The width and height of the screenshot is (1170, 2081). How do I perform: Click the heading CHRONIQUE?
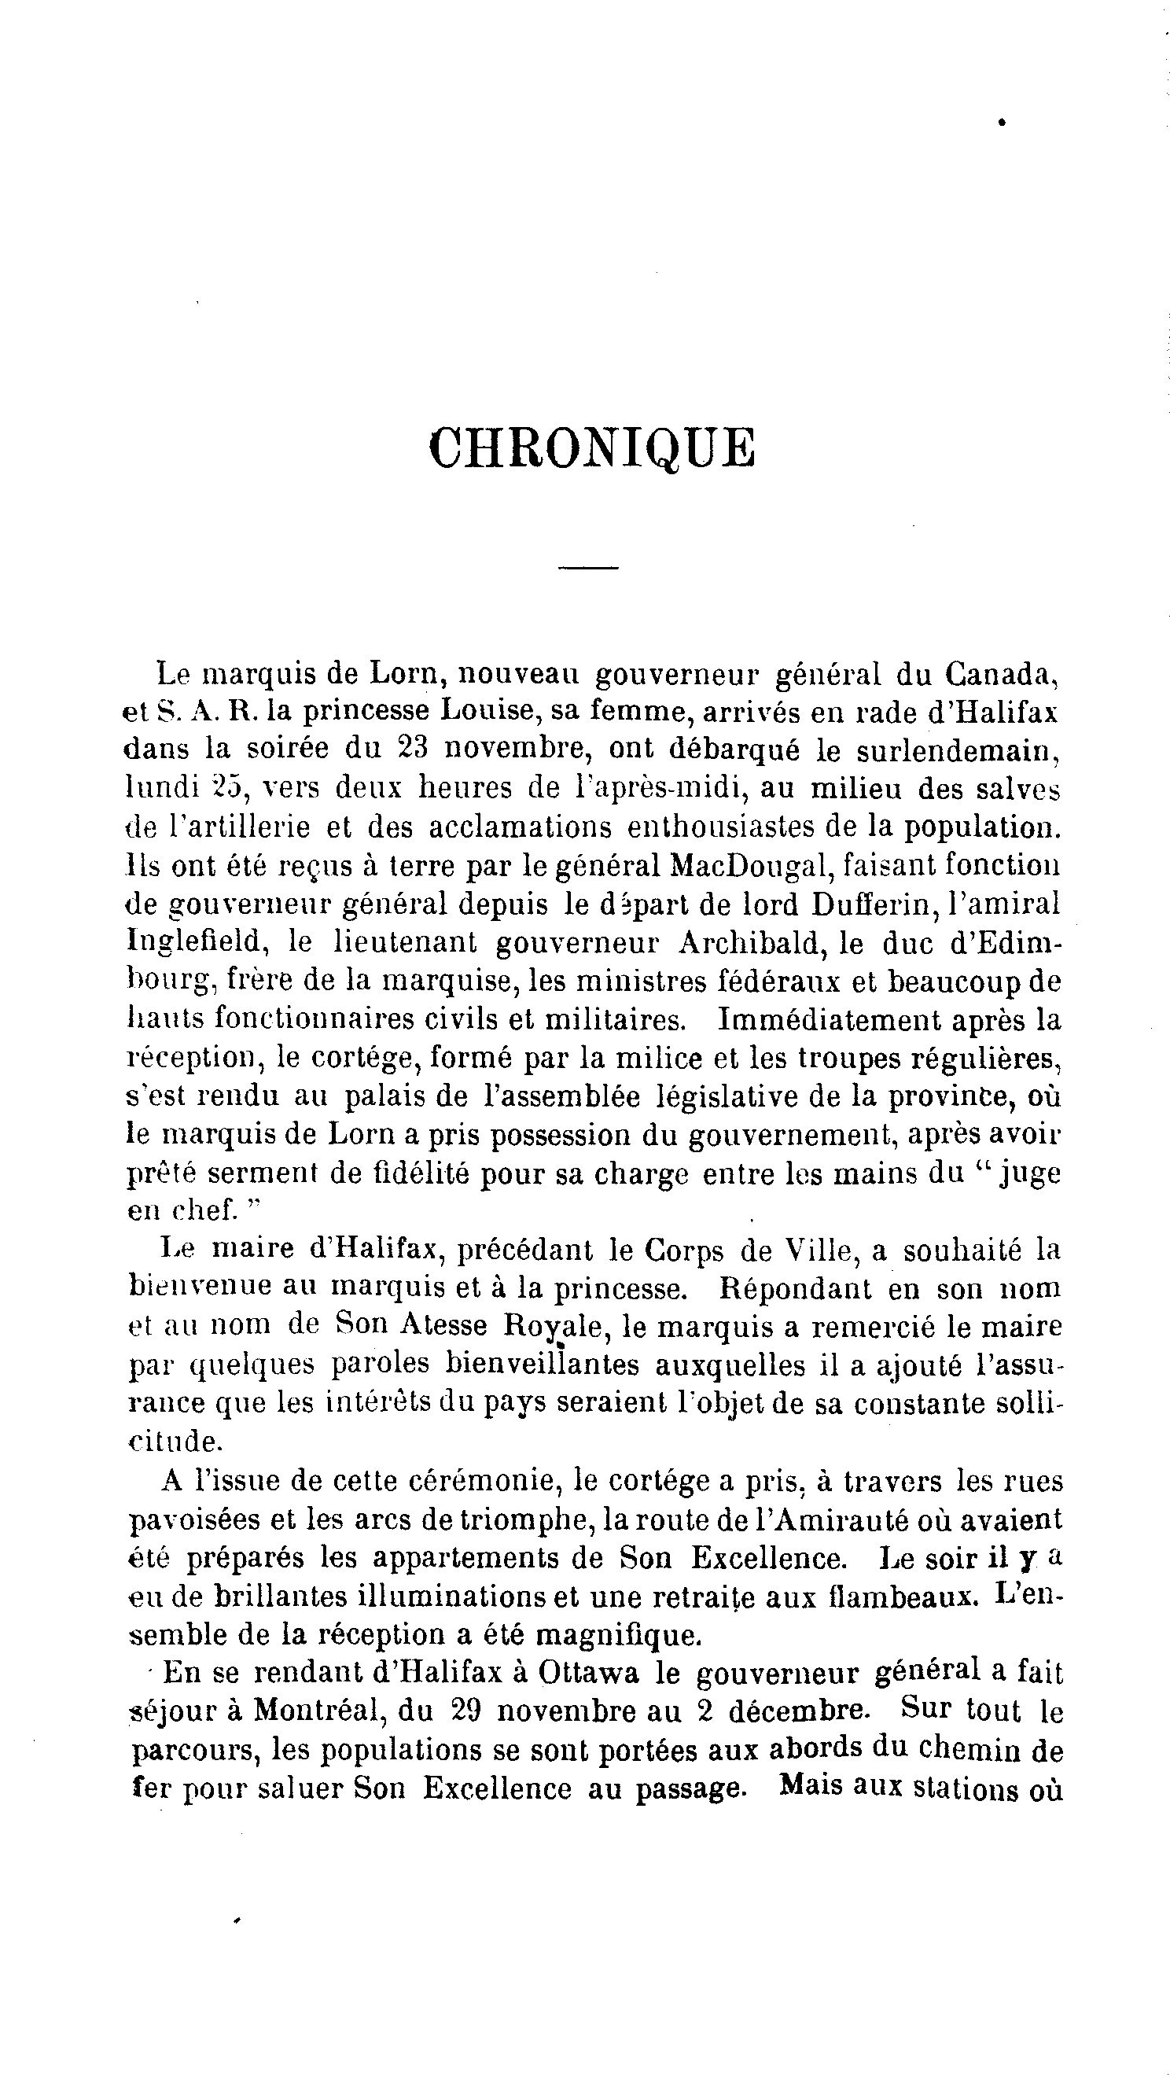[592, 448]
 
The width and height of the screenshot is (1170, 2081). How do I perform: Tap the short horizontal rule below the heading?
[588, 568]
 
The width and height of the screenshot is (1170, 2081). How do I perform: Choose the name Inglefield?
[194, 942]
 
